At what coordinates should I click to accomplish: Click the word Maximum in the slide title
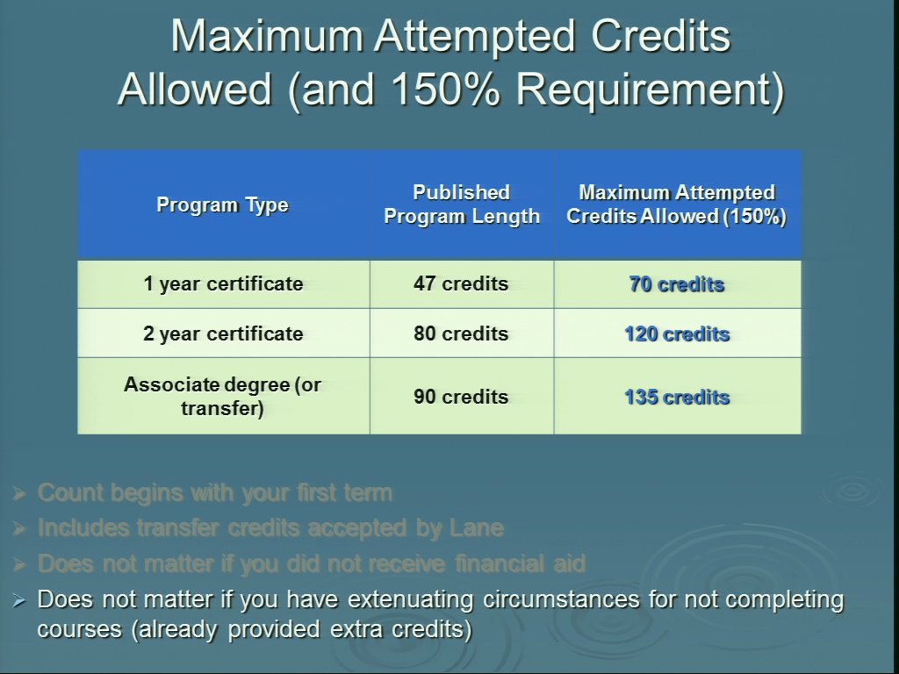click(x=267, y=36)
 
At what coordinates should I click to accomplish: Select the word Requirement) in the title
click(x=651, y=91)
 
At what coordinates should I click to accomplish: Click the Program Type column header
click(x=222, y=205)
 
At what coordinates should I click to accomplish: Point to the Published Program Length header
click(x=462, y=204)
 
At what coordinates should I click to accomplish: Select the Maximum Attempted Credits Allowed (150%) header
click(x=677, y=204)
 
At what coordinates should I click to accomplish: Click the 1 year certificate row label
click(x=223, y=283)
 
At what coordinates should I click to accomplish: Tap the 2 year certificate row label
click(x=223, y=333)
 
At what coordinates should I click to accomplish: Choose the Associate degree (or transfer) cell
click(x=222, y=396)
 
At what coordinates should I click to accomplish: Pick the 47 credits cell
click(x=461, y=283)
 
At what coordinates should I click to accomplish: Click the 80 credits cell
click(x=461, y=333)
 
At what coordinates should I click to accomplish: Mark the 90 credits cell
click(x=461, y=397)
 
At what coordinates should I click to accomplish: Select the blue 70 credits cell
click(x=677, y=284)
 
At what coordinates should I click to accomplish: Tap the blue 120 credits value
click(x=677, y=334)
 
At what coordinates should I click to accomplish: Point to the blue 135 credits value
click(x=677, y=398)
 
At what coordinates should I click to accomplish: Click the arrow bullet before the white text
click(x=19, y=600)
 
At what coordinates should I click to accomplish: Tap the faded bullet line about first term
click(x=215, y=493)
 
